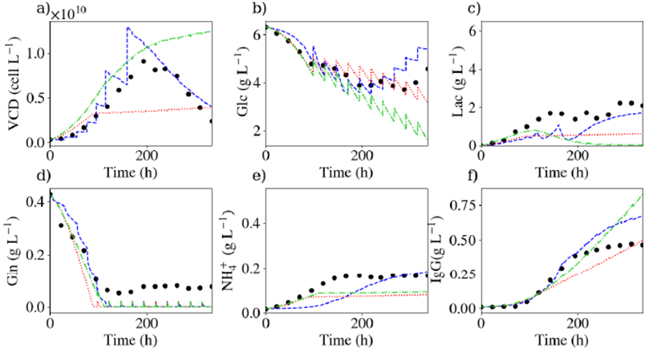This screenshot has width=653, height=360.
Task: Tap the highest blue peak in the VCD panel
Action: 128,28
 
